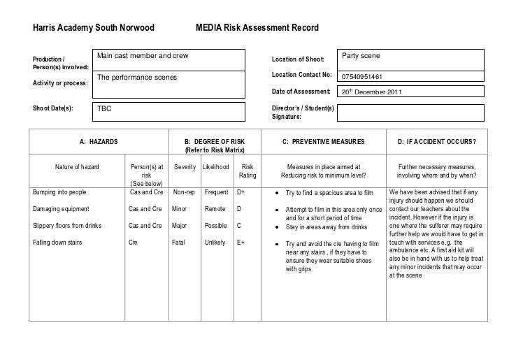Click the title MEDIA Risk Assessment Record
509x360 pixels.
[x=257, y=28]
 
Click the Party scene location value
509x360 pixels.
[x=360, y=55]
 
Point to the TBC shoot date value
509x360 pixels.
[x=104, y=110]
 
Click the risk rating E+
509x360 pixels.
[x=242, y=243]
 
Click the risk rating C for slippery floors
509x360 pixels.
[x=240, y=225]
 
